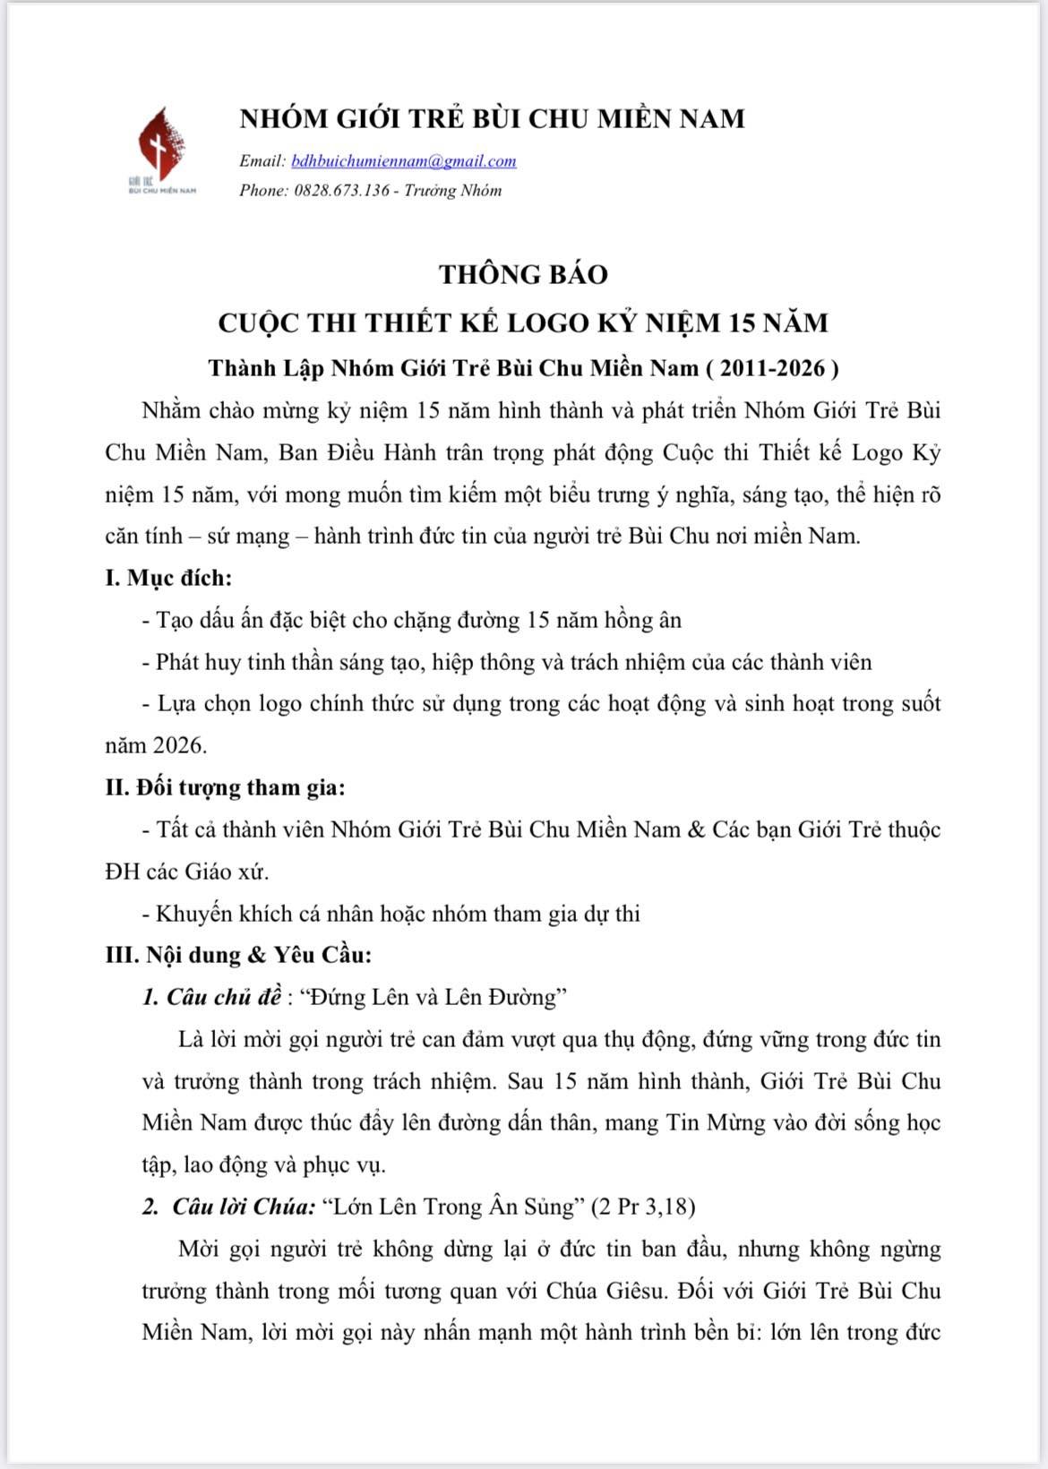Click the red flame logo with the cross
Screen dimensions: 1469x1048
pos(162,145)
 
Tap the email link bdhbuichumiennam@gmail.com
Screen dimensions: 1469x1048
pos(404,161)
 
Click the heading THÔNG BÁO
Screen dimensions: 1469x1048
pos(523,274)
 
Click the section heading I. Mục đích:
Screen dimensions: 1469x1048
pos(168,578)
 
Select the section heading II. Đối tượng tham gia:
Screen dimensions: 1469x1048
pos(225,787)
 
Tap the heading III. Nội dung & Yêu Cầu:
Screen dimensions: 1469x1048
pos(238,955)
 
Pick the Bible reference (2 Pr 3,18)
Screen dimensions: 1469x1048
pos(643,1207)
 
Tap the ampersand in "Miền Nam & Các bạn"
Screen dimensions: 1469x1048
pos(696,829)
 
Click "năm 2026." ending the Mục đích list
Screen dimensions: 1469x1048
pos(156,745)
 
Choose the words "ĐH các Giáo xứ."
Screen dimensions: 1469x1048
pos(186,871)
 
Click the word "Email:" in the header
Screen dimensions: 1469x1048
pos(262,161)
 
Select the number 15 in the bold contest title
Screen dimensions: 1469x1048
pos(743,322)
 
